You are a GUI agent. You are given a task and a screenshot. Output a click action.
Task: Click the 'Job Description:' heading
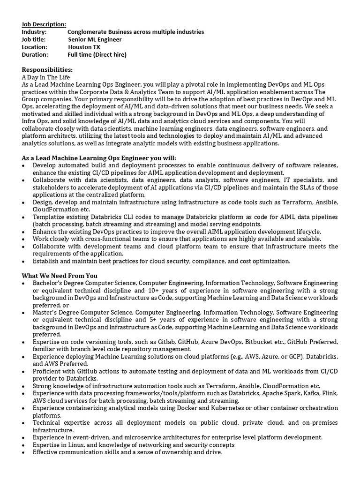click(44, 24)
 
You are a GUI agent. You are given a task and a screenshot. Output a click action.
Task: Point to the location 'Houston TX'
click(84, 47)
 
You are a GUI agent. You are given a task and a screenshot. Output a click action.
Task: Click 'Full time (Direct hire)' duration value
click(97, 54)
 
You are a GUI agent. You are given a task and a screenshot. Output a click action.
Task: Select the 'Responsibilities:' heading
click(47, 70)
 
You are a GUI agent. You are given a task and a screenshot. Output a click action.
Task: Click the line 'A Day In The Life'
click(45, 77)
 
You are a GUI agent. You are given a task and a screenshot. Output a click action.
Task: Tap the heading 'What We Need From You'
click(60, 276)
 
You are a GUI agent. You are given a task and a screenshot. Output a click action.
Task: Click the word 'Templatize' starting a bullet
click(48, 217)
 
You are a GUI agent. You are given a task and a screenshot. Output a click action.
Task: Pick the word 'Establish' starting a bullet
click(45, 261)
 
